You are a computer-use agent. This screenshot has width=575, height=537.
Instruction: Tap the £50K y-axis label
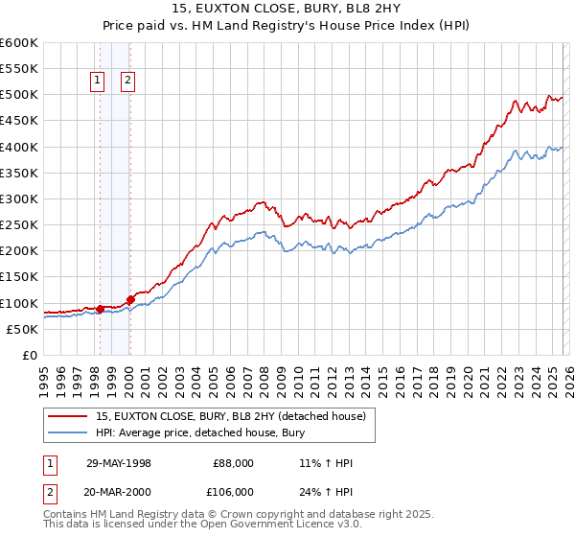[x=22, y=329]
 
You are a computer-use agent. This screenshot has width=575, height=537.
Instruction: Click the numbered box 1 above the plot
[x=99, y=82]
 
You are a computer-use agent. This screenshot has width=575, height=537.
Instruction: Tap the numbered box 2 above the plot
[x=127, y=82]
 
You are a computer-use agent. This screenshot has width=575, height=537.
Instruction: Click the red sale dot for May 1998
[x=100, y=309]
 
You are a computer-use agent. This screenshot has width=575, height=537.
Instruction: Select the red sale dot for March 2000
[x=130, y=299]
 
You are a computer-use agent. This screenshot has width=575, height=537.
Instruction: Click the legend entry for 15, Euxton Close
[x=230, y=416]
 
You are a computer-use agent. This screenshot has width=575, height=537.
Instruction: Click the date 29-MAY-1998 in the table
[x=119, y=463]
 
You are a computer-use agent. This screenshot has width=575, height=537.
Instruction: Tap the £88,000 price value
[x=234, y=463]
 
